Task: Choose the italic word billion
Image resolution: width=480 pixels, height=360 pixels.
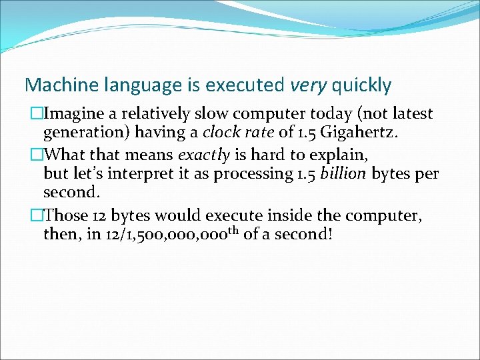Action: click(343, 174)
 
